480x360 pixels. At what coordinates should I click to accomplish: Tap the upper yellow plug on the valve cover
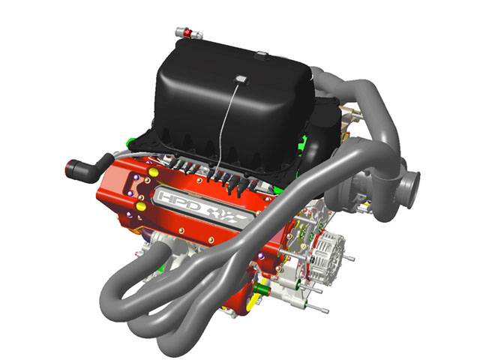[153, 172]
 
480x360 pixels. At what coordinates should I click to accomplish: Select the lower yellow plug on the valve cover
[141, 205]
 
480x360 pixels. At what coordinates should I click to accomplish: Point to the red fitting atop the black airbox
[187, 32]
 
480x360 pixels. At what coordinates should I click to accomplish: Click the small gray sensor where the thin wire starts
[241, 79]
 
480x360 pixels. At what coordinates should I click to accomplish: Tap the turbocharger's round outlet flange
[411, 189]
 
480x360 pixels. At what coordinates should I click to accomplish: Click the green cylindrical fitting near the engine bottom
[262, 289]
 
